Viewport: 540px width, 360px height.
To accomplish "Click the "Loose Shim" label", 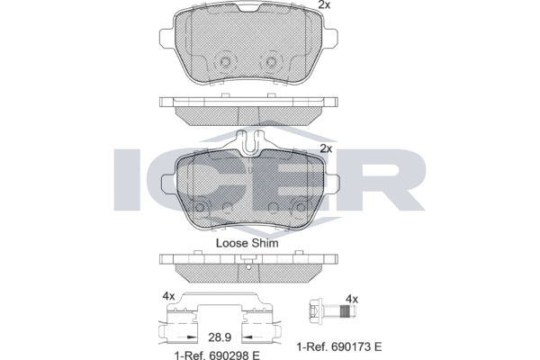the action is pos(247,243).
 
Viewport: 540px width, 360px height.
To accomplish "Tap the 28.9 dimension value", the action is pos(220,337).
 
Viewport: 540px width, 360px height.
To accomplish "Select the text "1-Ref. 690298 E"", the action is pos(217,355).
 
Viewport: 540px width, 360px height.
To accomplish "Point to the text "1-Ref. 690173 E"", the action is pos(339,346).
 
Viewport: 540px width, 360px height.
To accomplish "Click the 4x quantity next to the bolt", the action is pos(352,299).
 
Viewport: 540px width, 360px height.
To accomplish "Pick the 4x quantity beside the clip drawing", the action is pos(169,296).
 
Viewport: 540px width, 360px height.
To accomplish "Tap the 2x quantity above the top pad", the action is pos(324,4).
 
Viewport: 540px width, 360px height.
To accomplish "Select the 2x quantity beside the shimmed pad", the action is pos(326,148).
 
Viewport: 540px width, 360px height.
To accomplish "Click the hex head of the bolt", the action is pos(314,309).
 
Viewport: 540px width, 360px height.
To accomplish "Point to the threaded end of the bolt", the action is pos(348,311).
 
